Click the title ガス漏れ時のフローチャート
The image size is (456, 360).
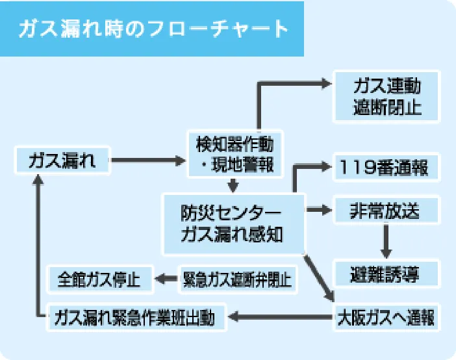tap(153, 29)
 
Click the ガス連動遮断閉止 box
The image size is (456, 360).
tap(387, 97)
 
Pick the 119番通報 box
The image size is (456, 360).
tap(387, 168)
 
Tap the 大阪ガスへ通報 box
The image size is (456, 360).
tap(387, 318)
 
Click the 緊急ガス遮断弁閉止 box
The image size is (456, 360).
tap(237, 280)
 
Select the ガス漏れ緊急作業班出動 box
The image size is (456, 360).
tap(136, 318)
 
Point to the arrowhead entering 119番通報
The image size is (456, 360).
tap(325, 167)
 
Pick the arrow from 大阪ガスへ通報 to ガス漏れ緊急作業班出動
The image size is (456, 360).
tap(280, 318)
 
